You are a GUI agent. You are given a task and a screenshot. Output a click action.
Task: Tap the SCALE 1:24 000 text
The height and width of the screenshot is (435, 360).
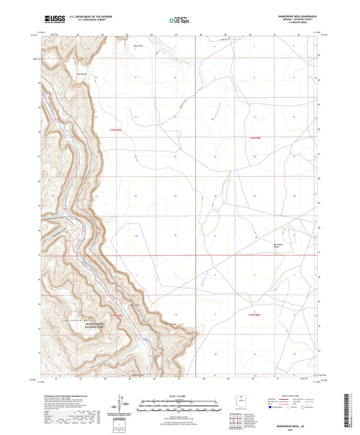coord(180,396)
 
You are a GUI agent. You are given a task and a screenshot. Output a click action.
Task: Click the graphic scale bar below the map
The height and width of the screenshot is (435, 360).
coord(180,404)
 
